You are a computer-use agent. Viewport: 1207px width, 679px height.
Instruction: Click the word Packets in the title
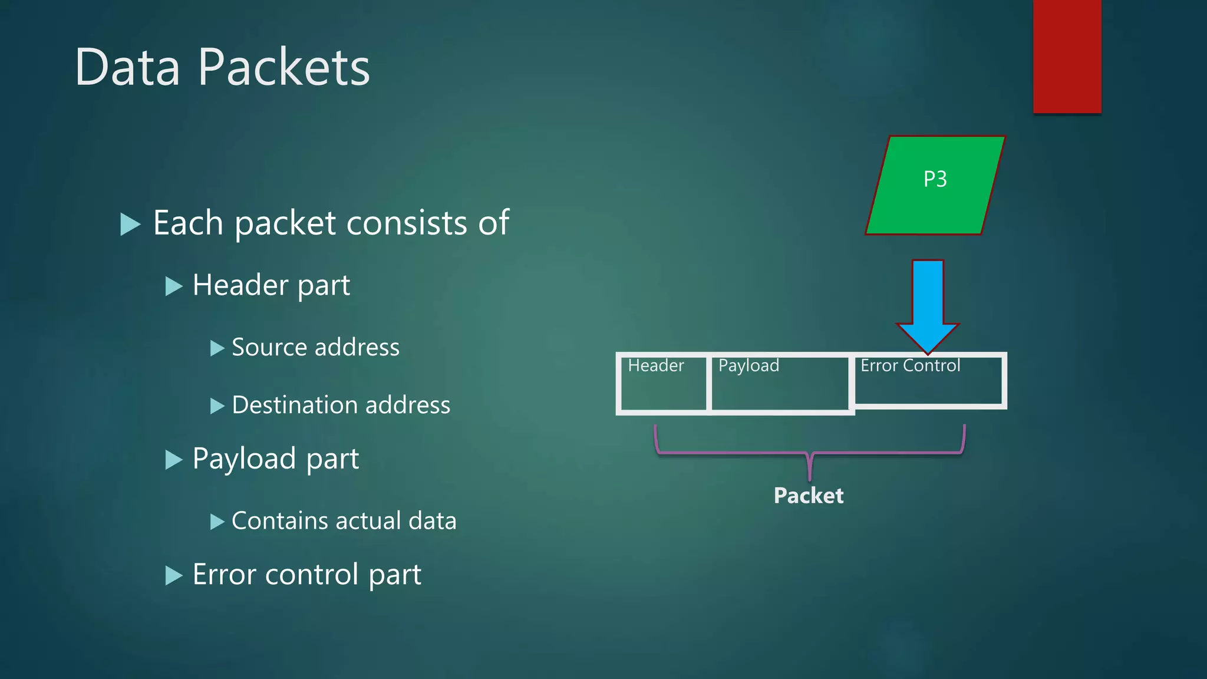283,67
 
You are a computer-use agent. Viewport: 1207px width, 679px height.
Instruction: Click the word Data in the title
127,67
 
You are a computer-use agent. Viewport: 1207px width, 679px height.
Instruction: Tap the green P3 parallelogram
935,185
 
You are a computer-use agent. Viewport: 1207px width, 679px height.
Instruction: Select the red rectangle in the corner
1067,56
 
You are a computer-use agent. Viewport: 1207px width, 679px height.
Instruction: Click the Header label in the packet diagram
656,366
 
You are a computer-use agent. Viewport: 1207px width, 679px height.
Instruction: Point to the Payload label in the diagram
748,366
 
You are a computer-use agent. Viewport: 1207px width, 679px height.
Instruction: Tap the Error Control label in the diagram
910,366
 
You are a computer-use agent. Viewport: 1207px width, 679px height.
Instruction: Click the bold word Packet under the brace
808,496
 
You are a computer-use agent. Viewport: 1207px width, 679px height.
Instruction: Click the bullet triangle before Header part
174,286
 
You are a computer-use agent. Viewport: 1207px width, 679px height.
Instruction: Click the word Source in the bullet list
268,347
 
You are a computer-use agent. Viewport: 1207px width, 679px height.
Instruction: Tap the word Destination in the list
295,406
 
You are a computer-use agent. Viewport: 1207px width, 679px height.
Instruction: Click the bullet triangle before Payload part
174,460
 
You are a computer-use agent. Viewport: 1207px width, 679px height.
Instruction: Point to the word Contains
279,521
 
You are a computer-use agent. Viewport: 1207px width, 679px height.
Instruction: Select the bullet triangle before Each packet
130,224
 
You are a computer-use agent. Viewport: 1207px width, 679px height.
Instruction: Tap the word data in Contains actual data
432,521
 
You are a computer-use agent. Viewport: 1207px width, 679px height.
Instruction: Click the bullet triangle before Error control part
174,575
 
